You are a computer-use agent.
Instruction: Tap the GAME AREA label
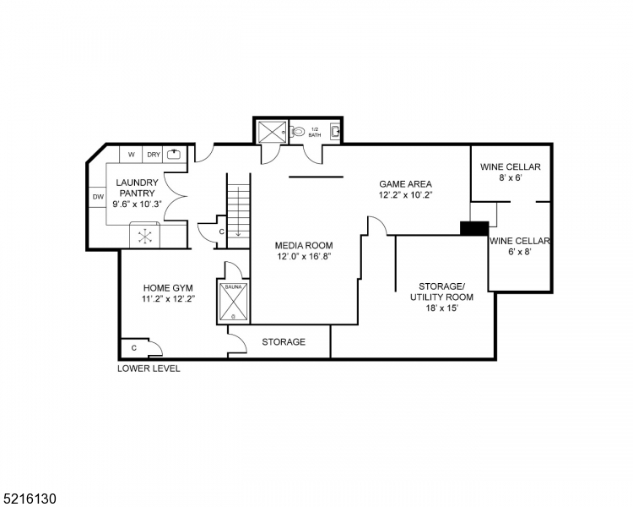(405, 183)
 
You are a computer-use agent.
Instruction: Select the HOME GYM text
(168, 287)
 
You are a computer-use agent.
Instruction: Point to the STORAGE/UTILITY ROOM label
(441, 292)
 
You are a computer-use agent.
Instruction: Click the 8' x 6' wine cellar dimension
(511, 178)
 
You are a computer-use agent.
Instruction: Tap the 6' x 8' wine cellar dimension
(520, 253)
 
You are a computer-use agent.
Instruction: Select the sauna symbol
(234, 300)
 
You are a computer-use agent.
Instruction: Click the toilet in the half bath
(298, 133)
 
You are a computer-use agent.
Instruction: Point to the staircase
(239, 207)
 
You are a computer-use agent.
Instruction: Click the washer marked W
(132, 154)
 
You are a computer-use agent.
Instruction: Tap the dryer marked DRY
(153, 154)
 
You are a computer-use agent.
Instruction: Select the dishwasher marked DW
(98, 198)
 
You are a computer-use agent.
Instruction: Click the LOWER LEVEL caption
(149, 368)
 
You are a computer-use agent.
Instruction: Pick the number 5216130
(30, 499)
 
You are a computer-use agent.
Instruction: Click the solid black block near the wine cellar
(473, 228)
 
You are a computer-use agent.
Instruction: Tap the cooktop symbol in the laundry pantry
(145, 236)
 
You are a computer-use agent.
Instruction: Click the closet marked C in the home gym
(134, 347)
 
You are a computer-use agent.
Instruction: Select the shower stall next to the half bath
(272, 133)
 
